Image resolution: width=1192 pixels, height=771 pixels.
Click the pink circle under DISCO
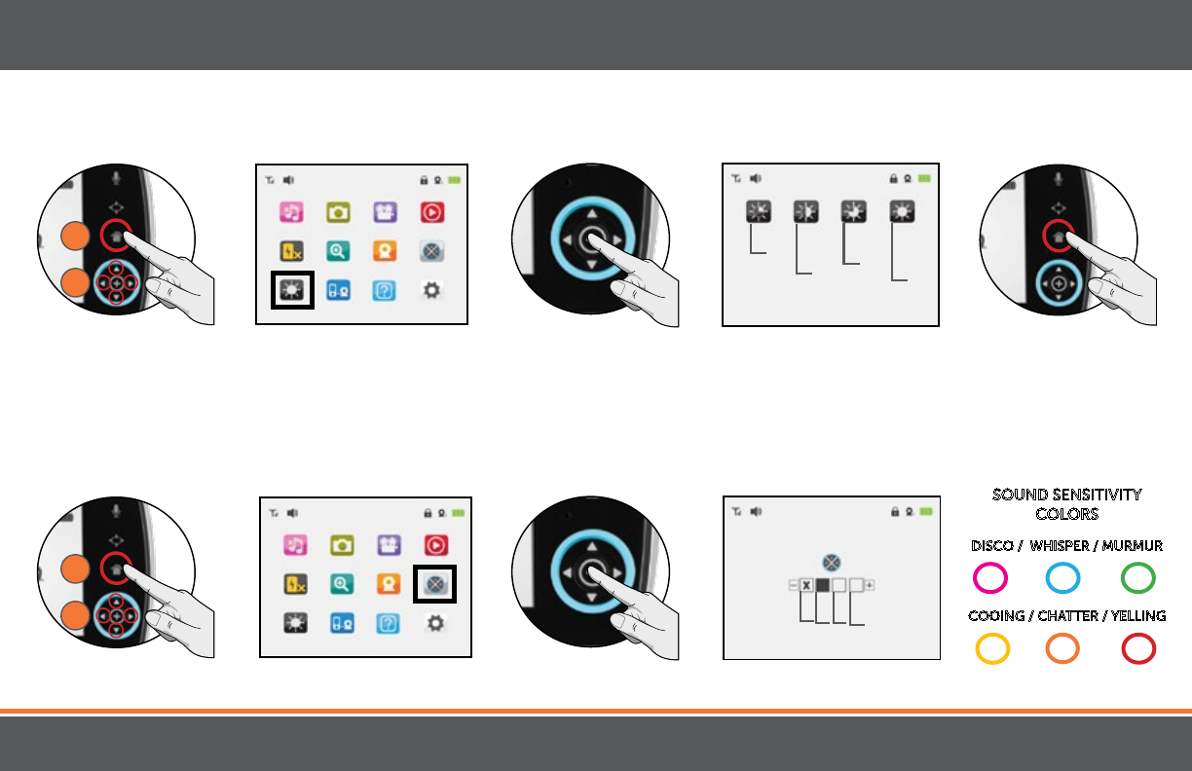[x=990, y=578]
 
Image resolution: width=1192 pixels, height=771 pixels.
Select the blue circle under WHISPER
[x=1062, y=578]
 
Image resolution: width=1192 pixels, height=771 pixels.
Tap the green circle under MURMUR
[x=1138, y=578]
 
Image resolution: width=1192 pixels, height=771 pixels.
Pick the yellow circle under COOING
[x=991, y=648]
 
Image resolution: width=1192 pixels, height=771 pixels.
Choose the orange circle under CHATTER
[x=1062, y=648]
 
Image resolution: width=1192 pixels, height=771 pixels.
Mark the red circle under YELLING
[x=1138, y=648]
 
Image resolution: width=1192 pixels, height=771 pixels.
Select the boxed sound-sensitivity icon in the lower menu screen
[x=435, y=584]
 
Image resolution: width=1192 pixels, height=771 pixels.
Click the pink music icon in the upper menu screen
[x=292, y=212]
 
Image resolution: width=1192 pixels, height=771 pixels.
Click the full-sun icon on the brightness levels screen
[x=903, y=212]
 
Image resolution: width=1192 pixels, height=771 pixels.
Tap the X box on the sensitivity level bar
[x=806, y=585]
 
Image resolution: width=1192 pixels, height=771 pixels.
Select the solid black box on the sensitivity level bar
[x=822, y=585]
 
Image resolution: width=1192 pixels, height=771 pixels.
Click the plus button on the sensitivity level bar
[x=870, y=585]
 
